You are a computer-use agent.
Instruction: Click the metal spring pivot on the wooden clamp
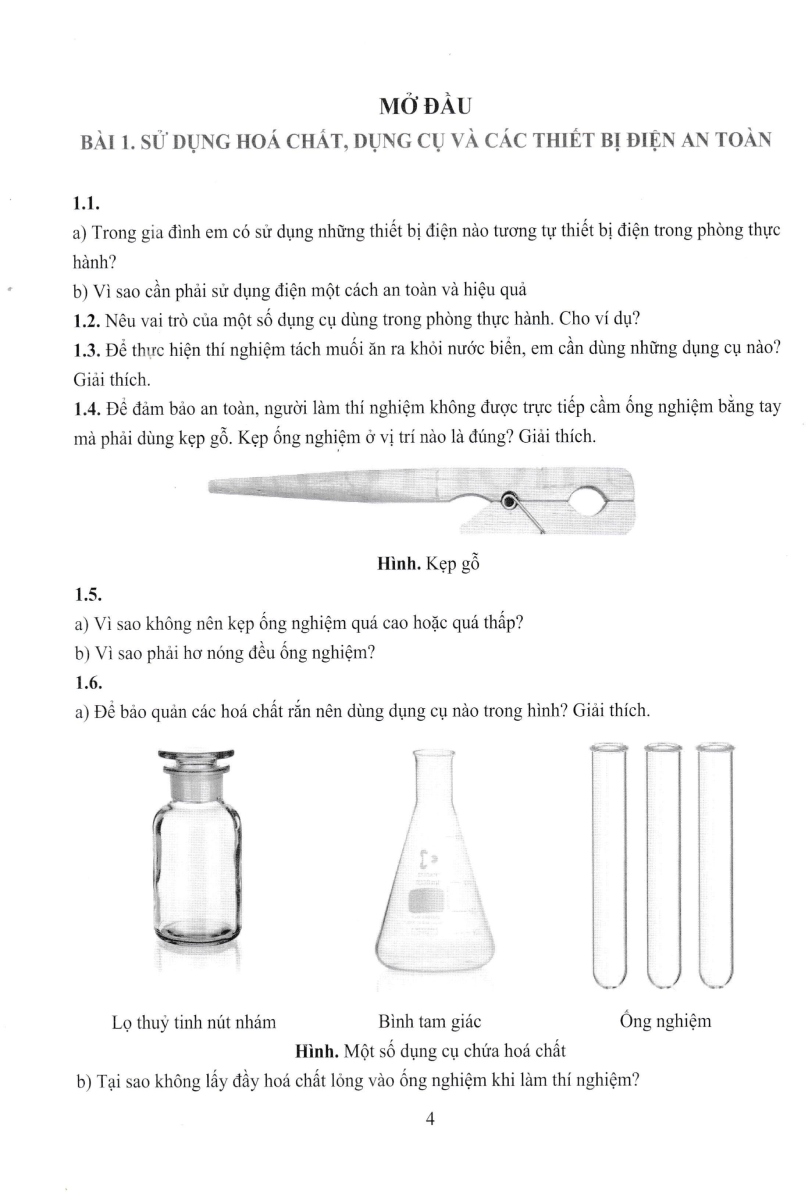click(x=510, y=501)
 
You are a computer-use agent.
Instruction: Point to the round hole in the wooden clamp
click(x=584, y=500)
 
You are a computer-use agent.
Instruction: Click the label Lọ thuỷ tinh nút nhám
click(x=195, y=1022)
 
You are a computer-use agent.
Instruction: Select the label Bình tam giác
click(x=430, y=1022)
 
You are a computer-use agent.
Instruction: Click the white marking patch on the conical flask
click(x=429, y=899)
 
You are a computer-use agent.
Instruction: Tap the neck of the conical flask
click(x=430, y=790)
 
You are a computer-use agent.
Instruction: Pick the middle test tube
click(x=662, y=865)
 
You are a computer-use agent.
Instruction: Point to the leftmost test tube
click(x=610, y=865)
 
